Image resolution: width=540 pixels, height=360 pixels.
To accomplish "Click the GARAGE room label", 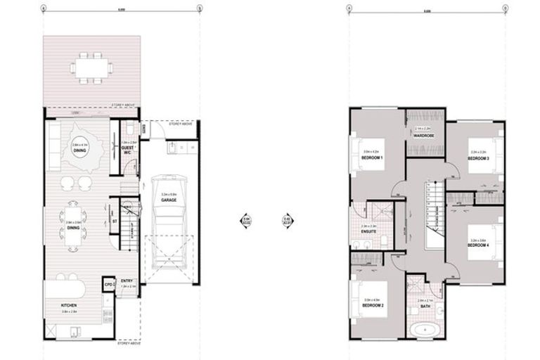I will tap(168, 200).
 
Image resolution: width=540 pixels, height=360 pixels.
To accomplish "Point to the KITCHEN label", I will tap(68, 304).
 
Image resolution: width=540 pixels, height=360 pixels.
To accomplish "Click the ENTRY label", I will tap(127, 281).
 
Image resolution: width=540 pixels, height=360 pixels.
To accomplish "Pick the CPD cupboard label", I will tap(109, 284).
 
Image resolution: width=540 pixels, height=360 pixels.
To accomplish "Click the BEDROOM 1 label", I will tap(371, 158).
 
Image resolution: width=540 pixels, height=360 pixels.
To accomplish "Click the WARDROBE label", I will tap(423, 136).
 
